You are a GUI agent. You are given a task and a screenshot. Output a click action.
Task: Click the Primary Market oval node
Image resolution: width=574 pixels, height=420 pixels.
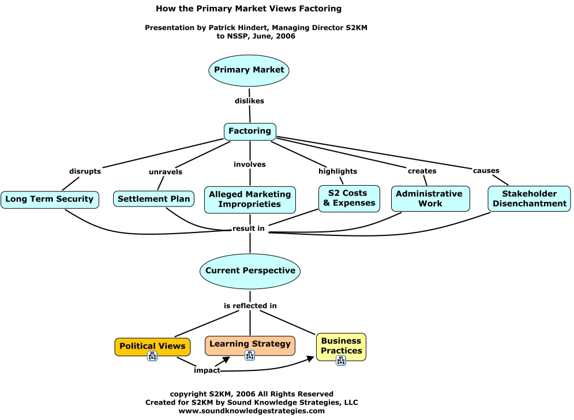point(249,70)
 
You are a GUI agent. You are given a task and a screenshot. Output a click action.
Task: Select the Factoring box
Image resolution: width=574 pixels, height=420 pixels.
point(250,132)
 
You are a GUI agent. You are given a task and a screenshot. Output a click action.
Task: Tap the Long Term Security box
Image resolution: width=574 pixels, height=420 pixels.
point(50,199)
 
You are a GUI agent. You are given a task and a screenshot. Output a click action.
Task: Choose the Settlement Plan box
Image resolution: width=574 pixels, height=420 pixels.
point(153,199)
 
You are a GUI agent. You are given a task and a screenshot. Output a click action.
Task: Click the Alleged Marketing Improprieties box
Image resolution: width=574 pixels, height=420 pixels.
point(250,199)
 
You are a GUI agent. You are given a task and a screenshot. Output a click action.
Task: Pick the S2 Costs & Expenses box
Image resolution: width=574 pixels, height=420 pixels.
point(350,198)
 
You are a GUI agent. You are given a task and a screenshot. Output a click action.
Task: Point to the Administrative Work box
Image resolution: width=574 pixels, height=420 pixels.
point(430,198)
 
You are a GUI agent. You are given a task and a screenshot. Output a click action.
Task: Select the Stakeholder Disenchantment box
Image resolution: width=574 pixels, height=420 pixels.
point(529,198)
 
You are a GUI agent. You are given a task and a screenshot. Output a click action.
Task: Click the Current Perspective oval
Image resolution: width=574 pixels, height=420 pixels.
point(250,271)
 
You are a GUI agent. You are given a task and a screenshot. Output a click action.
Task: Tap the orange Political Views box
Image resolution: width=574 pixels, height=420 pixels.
point(152,346)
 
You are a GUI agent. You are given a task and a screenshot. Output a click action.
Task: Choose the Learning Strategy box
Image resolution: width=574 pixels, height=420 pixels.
point(250,344)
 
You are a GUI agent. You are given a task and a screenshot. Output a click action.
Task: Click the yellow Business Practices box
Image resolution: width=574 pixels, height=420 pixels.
point(341,346)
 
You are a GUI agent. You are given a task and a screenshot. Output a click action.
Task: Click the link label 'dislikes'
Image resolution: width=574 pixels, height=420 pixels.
point(249,101)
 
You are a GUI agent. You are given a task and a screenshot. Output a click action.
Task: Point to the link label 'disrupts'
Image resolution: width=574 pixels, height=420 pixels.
point(85,171)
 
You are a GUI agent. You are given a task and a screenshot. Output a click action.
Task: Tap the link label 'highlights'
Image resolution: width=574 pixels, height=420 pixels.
point(337,171)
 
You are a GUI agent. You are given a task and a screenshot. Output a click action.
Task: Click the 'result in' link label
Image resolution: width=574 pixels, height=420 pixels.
point(249,228)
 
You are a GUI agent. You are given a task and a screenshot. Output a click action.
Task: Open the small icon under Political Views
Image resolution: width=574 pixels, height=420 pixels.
point(152,356)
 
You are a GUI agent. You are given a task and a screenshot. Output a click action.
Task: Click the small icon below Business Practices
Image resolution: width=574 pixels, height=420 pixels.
point(341,361)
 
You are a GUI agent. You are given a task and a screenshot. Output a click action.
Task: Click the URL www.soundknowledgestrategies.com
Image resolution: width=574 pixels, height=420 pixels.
point(252,411)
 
